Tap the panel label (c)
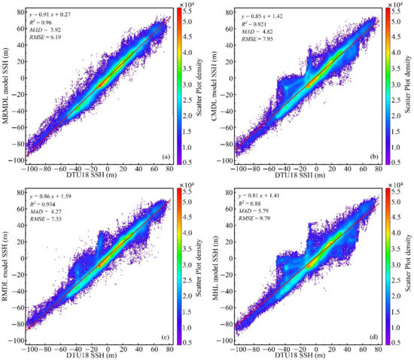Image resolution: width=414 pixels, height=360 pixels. (x=163, y=334)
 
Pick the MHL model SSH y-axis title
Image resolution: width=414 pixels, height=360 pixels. (x=213, y=264)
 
